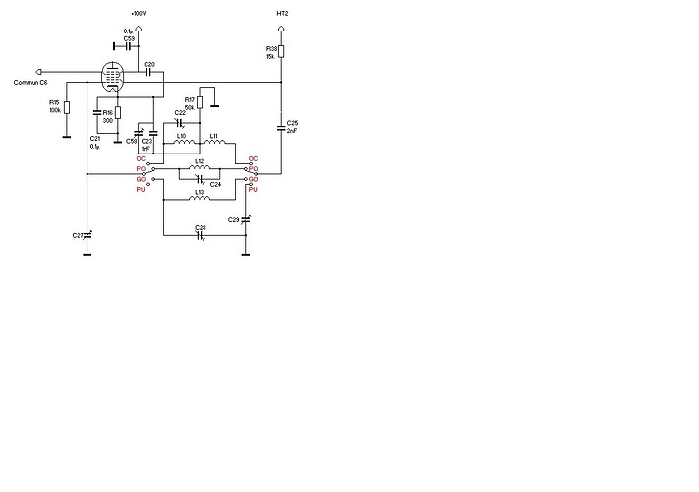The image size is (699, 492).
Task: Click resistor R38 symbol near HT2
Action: [282, 50]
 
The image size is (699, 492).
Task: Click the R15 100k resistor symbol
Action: [67, 107]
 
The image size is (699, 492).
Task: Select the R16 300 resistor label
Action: [108, 117]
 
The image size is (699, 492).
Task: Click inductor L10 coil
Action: [183, 144]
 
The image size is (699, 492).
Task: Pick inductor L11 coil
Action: [215, 144]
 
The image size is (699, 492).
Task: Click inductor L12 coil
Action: [200, 169]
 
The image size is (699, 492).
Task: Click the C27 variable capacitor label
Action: [78, 236]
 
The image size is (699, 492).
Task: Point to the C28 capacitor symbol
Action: [200, 235]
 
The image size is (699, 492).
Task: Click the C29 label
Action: [233, 219]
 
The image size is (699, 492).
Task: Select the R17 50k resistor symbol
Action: [200, 102]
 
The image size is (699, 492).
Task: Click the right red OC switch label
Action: [253, 158]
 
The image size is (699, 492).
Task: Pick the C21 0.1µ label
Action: [95, 142]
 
